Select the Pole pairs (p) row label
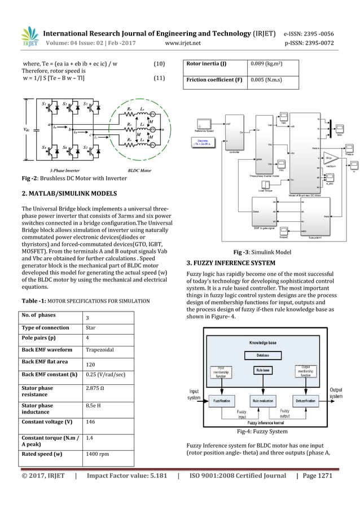point(42,339)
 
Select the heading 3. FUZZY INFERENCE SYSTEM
point(226,264)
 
